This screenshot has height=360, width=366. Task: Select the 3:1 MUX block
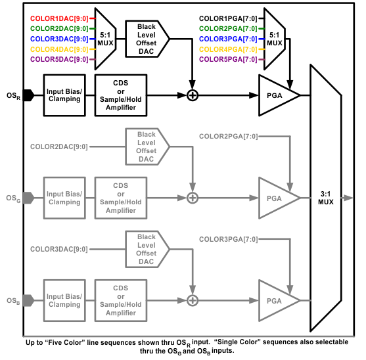tap(326, 198)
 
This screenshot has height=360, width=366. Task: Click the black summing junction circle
tap(193, 95)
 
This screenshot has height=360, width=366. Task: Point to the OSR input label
tap(13, 95)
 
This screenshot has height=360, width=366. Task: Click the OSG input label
tap(13, 198)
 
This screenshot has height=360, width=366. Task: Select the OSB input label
tap(13, 300)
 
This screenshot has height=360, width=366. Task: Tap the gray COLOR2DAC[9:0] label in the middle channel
tap(59, 146)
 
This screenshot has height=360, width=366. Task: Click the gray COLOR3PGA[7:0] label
tap(227, 238)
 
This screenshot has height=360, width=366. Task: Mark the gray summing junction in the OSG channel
tap(193, 198)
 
